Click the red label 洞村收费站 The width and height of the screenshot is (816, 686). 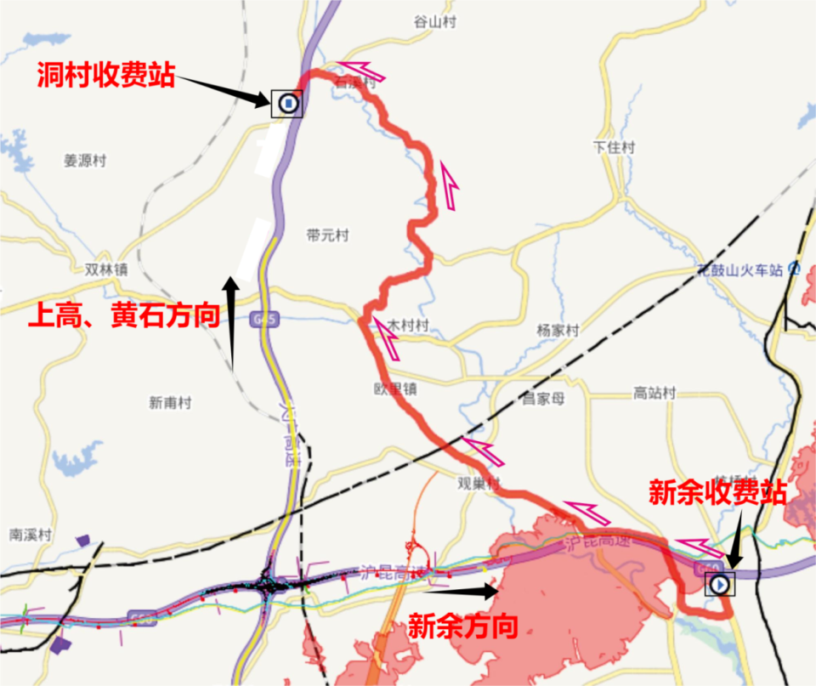105,76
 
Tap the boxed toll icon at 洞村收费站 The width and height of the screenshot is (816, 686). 288,104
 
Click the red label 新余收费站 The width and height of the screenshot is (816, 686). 717,492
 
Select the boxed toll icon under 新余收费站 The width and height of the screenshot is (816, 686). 721,584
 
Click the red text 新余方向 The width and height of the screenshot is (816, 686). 463,627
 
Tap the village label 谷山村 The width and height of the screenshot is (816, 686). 434,22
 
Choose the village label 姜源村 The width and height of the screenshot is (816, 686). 85,161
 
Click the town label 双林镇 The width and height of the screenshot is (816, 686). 106,269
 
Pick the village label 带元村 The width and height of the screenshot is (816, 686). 327,235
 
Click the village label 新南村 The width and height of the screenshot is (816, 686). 170,403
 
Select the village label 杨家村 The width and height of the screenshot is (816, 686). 558,330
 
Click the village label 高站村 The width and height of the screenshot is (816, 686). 654,393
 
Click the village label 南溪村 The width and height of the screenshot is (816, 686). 31,536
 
